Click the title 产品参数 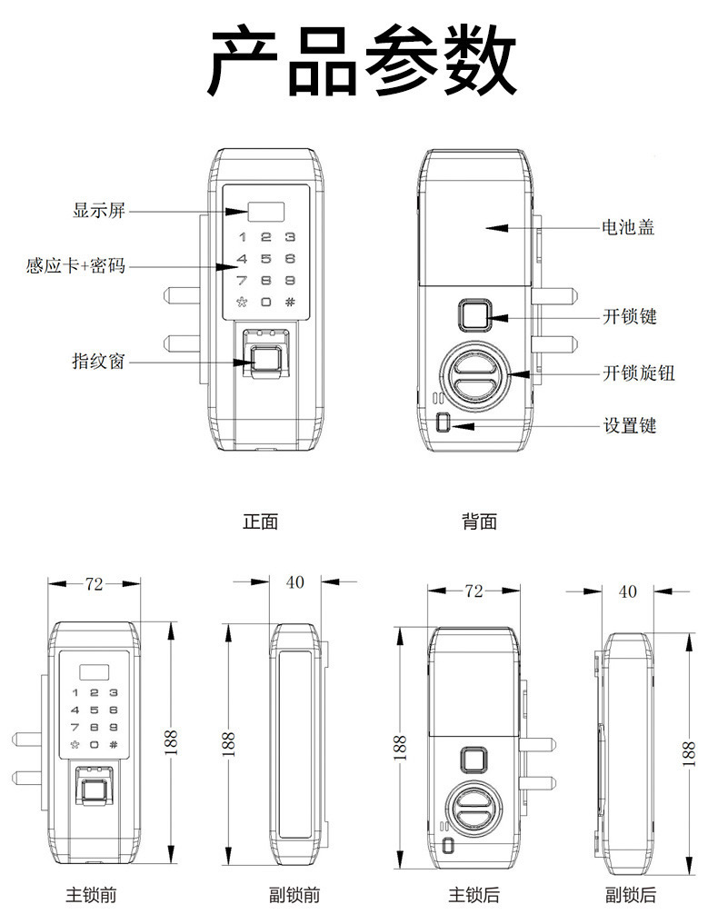tap(363, 62)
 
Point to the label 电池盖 tap(628, 226)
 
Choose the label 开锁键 tap(629, 316)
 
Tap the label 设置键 tap(629, 424)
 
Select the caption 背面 tap(479, 522)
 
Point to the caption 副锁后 tap(630, 895)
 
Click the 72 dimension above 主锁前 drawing tap(94, 584)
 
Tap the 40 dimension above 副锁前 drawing tap(294, 582)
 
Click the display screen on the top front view tap(266, 212)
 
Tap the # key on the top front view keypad tap(290, 303)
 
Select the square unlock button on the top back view tap(474, 316)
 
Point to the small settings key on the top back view tap(444, 423)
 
